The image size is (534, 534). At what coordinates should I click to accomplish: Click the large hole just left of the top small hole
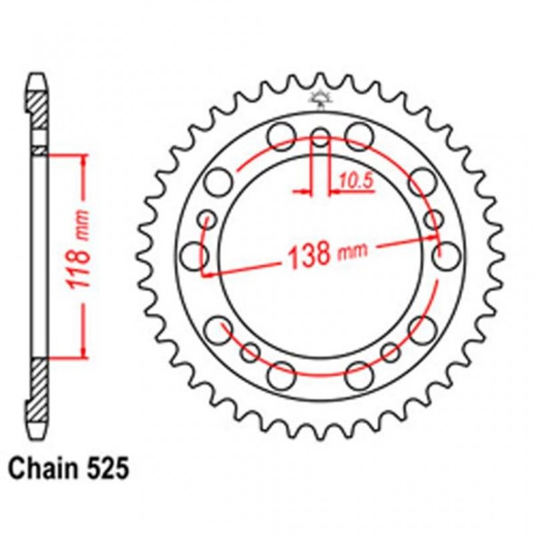click(x=281, y=135)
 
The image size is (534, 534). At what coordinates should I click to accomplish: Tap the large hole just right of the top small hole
click(x=360, y=135)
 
